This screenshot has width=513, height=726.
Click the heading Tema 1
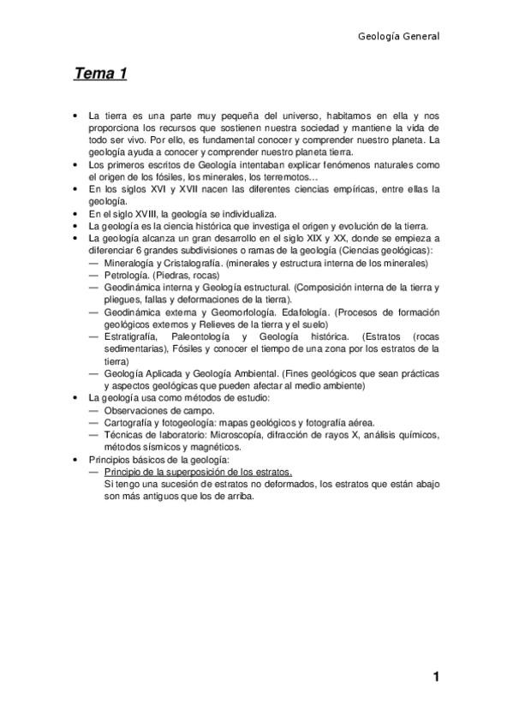[100, 74]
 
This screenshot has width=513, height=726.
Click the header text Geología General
[398, 37]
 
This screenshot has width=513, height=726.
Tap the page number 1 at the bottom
[436, 678]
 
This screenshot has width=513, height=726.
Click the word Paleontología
[206, 336]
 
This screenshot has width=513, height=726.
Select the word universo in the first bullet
[297, 115]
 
